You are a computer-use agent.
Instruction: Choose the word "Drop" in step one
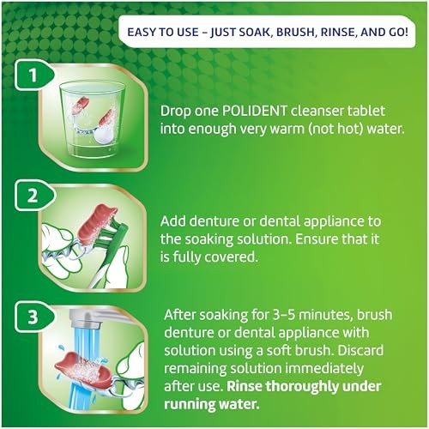178,112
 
